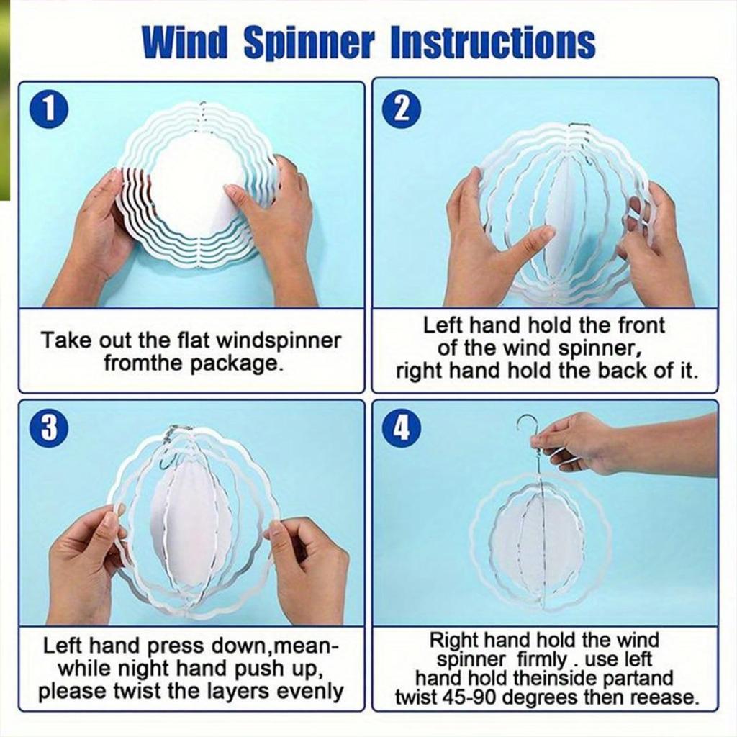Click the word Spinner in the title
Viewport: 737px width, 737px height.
pyautogui.click(x=309, y=42)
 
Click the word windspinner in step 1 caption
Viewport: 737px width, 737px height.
pyautogui.click(x=279, y=340)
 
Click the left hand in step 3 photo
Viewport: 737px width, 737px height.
pyautogui.click(x=89, y=564)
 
